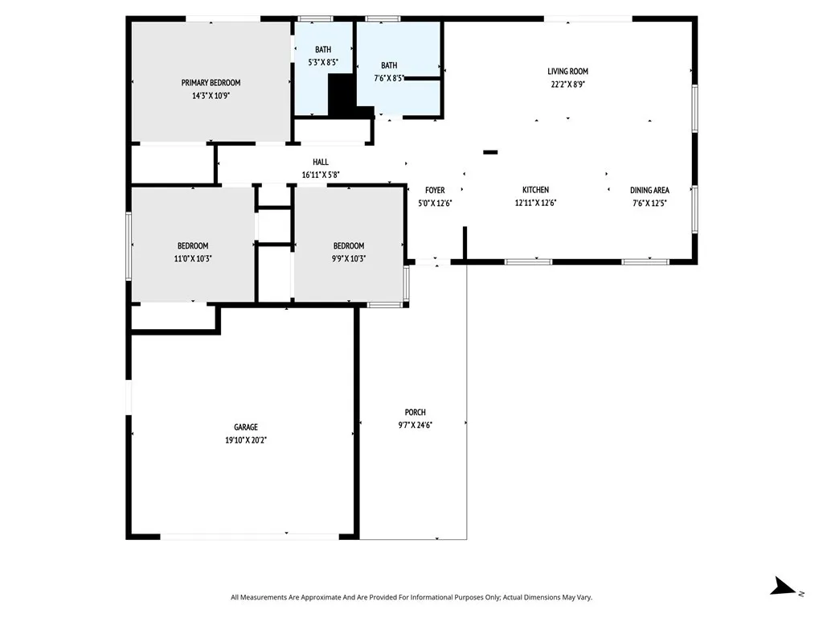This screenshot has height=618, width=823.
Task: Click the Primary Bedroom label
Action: [x=211, y=82]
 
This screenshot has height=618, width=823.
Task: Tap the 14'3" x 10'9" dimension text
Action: [x=211, y=95]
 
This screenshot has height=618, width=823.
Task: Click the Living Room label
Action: [x=568, y=71]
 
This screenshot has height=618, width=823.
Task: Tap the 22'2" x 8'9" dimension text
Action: [x=568, y=84]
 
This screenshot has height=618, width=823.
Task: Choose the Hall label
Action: [x=321, y=162]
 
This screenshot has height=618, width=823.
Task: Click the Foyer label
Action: [x=435, y=190]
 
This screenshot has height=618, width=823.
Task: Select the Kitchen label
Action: [x=535, y=190]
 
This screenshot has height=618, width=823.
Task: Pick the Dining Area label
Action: [x=649, y=190]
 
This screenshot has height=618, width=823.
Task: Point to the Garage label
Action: [x=246, y=427]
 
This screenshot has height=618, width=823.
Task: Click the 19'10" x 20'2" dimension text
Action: [x=246, y=440]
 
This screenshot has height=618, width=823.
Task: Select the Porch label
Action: [x=415, y=412]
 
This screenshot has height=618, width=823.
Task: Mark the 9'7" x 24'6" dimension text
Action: [x=415, y=425]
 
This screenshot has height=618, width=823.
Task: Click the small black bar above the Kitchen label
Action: [x=490, y=151]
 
